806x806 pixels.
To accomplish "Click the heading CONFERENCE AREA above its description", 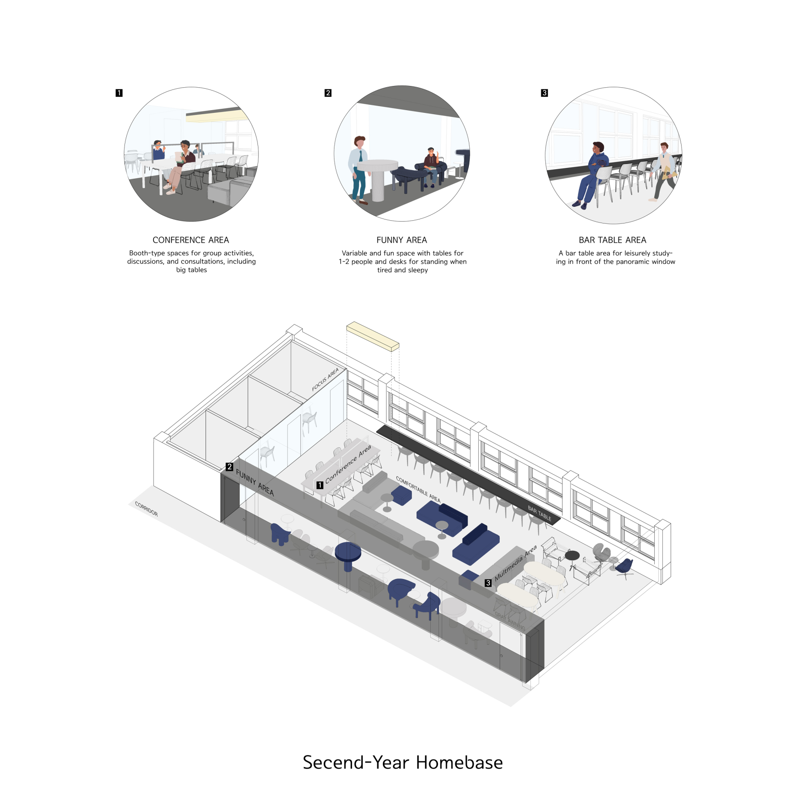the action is click(x=191, y=240).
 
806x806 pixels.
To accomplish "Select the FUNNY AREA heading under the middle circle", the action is click(x=402, y=240).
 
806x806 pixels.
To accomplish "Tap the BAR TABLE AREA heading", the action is click(x=613, y=240).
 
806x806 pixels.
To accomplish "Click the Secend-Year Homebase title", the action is click(x=403, y=763).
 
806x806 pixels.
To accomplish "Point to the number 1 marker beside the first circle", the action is click(x=119, y=93).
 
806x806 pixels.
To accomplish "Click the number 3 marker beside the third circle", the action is click(x=544, y=93).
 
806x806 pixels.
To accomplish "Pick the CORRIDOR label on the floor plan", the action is click(x=146, y=509).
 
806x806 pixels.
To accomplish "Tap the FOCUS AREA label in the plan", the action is click(x=325, y=380).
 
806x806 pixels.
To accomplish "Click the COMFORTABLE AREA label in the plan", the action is click(x=418, y=489).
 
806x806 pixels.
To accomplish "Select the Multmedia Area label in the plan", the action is click(x=515, y=563).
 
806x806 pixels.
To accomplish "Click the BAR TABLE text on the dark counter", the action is click(x=540, y=513).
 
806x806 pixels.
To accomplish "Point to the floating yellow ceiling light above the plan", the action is click(x=373, y=336).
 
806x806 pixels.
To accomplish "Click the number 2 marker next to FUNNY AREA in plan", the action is click(x=229, y=467).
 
